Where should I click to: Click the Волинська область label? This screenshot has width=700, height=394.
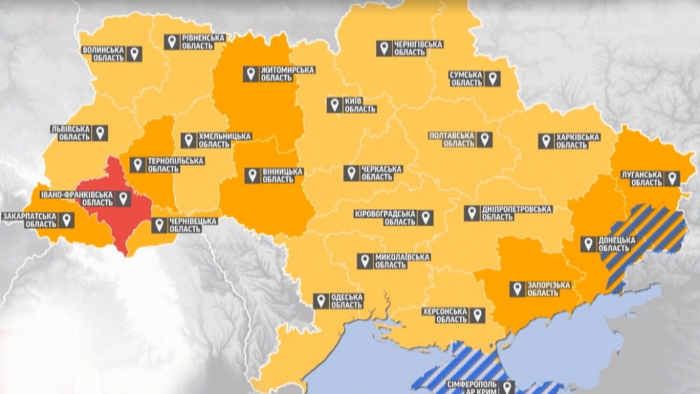click(x=103, y=54)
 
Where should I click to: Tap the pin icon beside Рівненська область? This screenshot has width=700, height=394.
click(x=171, y=42)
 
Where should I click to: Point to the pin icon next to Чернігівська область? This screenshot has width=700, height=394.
click(x=383, y=48)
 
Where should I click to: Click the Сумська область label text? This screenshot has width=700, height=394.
click(x=466, y=79)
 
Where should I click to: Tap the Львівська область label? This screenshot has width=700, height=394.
click(x=70, y=133)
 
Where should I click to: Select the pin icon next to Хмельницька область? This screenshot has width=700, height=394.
click(x=188, y=140)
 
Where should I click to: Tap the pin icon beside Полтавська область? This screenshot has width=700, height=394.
click(x=484, y=140)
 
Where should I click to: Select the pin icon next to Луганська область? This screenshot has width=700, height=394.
click(x=672, y=179)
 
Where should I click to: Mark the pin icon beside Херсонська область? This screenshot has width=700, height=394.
click(x=478, y=316)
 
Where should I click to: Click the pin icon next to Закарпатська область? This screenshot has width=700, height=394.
click(x=68, y=219)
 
